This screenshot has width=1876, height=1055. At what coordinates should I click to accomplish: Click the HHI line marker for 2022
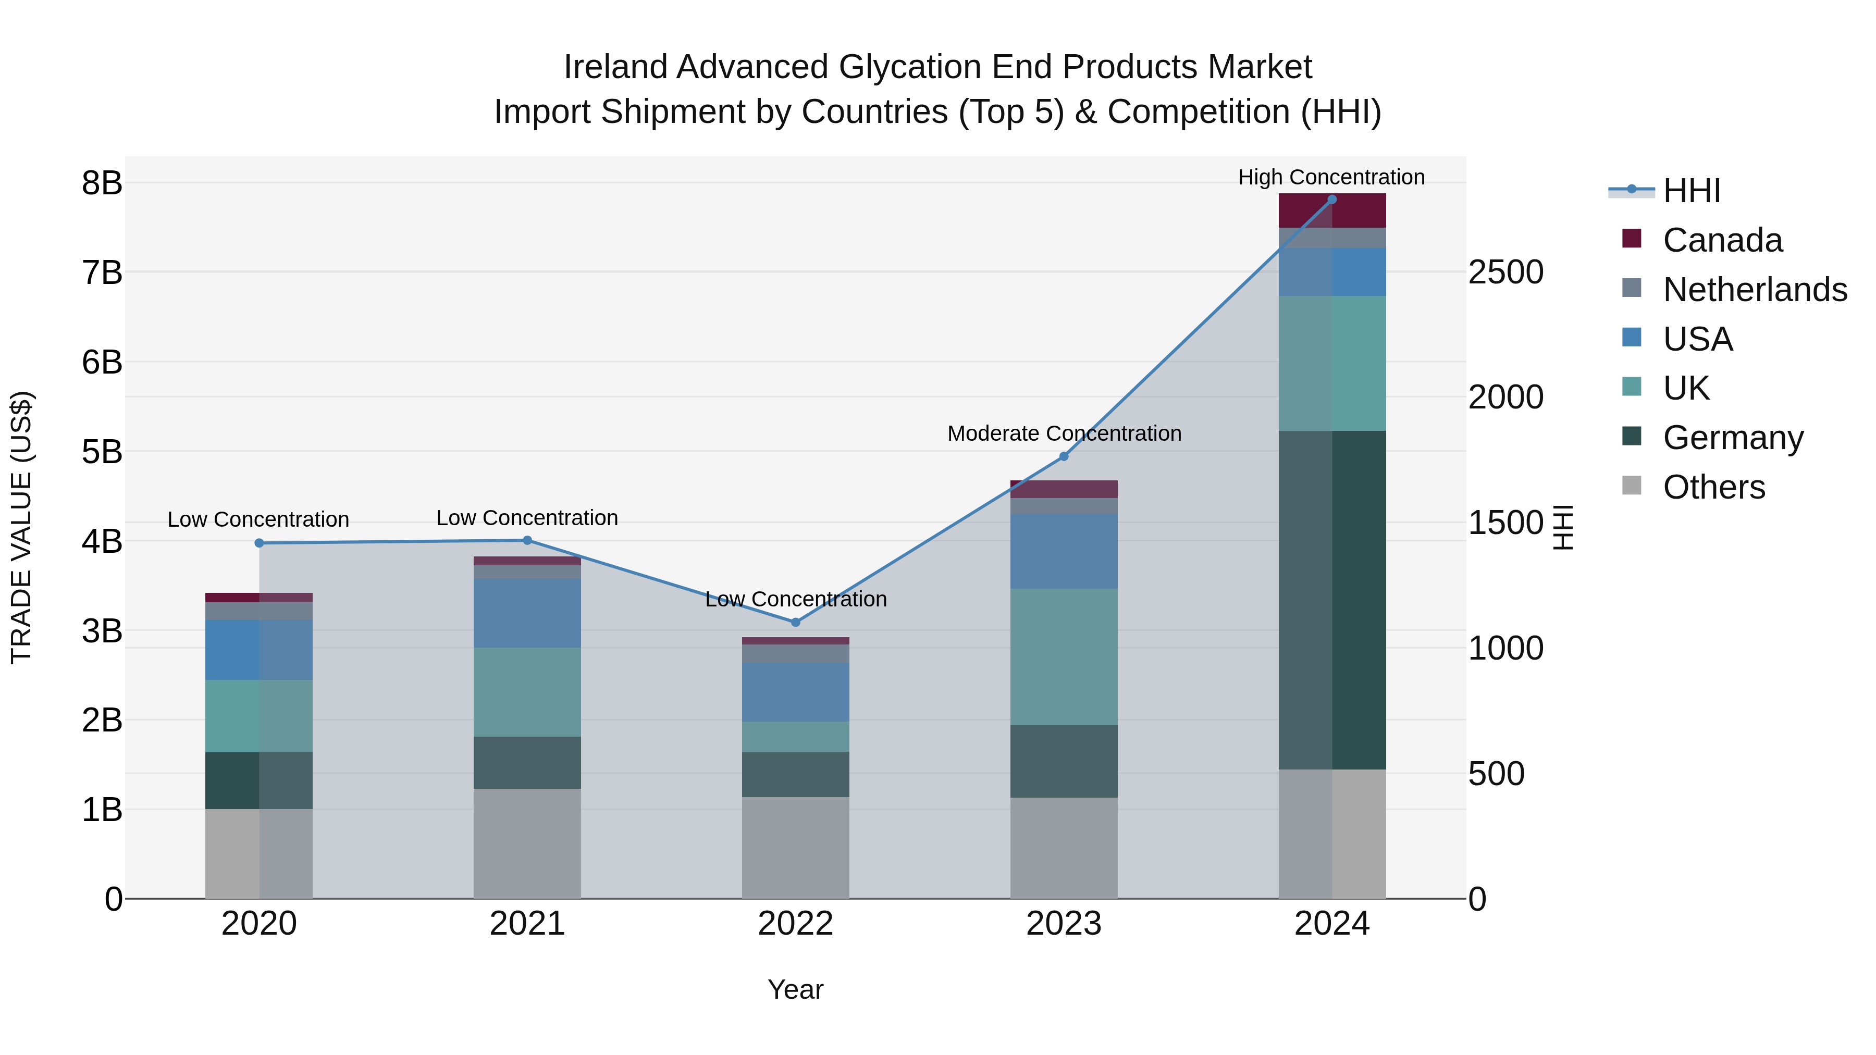pyautogui.click(x=795, y=622)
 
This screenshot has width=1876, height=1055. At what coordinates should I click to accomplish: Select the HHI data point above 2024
pyautogui.click(x=1332, y=200)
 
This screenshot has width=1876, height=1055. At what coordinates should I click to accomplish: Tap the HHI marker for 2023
pyautogui.click(x=1063, y=456)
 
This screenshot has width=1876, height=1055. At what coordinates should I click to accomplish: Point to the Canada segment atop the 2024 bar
pyautogui.click(x=1332, y=210)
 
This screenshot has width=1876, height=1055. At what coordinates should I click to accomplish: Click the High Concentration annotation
pyautogui.click(x=1331, y=177)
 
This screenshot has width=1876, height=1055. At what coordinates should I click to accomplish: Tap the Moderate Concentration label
pyautogui.click(x=1064, y=433)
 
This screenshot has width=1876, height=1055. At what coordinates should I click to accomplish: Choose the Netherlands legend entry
pyautogui.click(x=1755, y=290)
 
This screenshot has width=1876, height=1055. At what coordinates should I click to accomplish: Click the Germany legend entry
pyautogui.click(x=1733, y=438)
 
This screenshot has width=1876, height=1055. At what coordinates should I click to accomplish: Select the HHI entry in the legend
pyautogui.click(x=1691, y=191)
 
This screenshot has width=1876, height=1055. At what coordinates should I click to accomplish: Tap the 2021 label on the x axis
pyautogui.click(x=527, y=924)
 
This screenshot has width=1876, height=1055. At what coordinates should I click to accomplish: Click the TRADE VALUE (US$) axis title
pyautogui.click(x=21, y=527)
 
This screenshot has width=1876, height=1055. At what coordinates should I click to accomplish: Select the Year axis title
pyautogui.click(x=795, y=989)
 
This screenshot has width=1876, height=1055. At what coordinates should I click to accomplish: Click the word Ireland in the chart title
pyautogui.click(x=615, y=67)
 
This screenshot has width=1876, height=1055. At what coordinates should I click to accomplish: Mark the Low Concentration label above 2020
pyautogui.click(x=258, y=519)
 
